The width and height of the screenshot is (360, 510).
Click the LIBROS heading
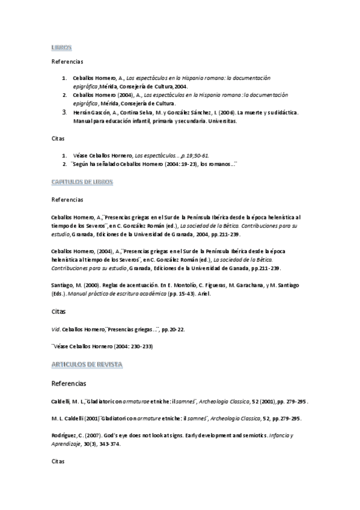61,46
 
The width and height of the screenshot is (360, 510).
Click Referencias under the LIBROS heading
68,61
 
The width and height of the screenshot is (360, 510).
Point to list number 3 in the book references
64,112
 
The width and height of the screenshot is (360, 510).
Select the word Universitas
222,121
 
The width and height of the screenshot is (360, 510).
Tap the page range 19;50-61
193,155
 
